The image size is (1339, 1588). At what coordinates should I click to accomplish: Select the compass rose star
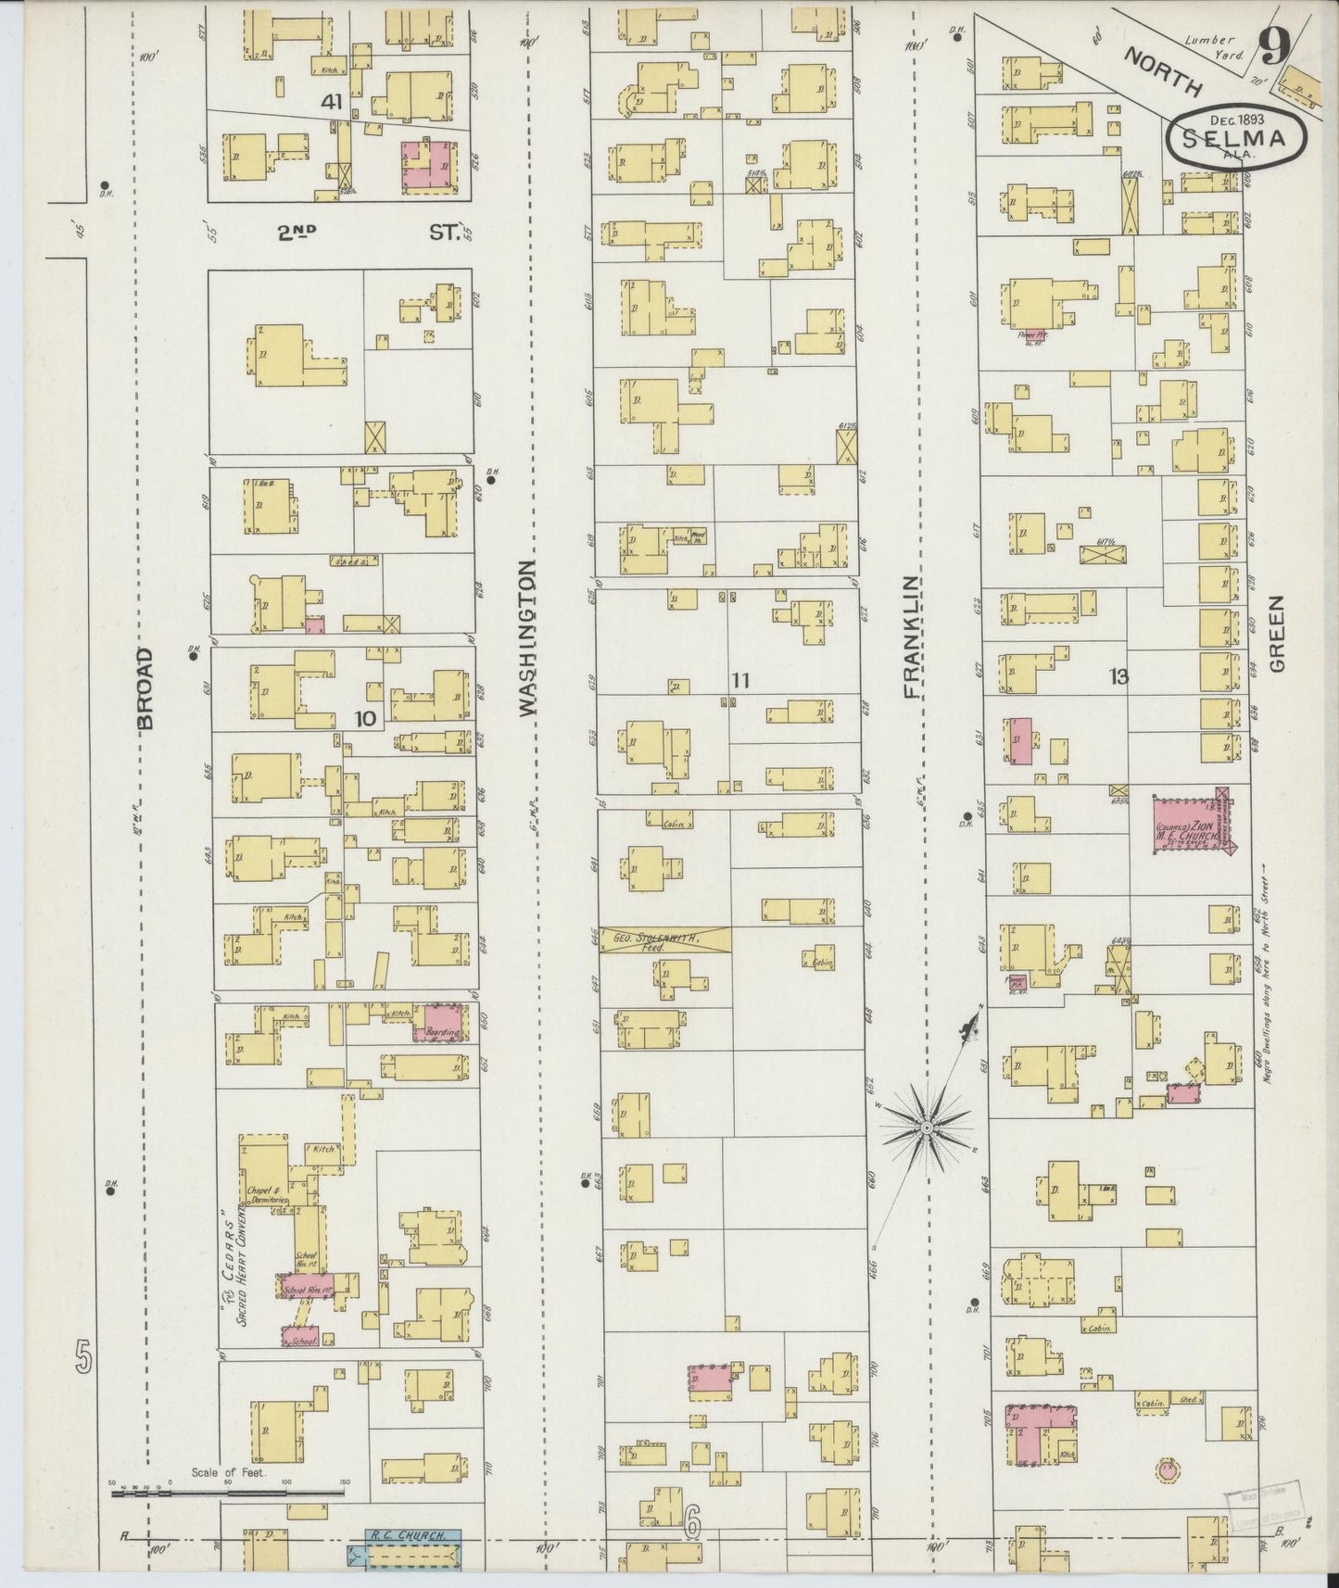click(927, 1126)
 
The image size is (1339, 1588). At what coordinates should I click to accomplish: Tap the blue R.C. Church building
click(405, 1549)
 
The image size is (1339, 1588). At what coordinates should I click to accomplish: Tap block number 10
click(366, 718)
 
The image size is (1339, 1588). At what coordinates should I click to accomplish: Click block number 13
click(1118, 677)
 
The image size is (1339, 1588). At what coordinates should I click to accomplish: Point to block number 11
click(739, 681)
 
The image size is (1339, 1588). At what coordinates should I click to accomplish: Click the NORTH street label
click(1164, 72)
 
